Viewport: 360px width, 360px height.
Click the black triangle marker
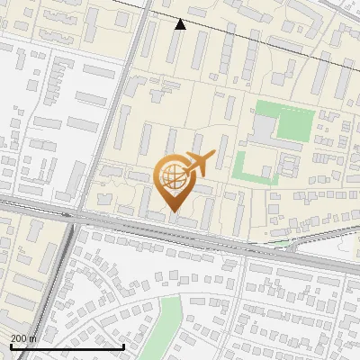tap(181, 24)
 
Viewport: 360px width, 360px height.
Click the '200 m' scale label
tap(23, 337)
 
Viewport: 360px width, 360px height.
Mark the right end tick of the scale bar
tap(123, 345)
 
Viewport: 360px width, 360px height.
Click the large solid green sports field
tap(290, 123)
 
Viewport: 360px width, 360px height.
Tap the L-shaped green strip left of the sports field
tap(240, 166)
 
